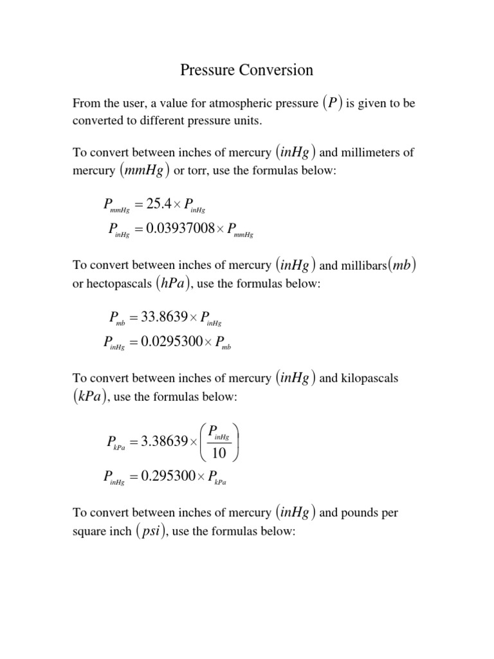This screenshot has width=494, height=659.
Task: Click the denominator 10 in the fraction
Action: point(219,454)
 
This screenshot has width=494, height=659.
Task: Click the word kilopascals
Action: point(367,378)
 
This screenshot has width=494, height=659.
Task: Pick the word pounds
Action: point(355,513)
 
